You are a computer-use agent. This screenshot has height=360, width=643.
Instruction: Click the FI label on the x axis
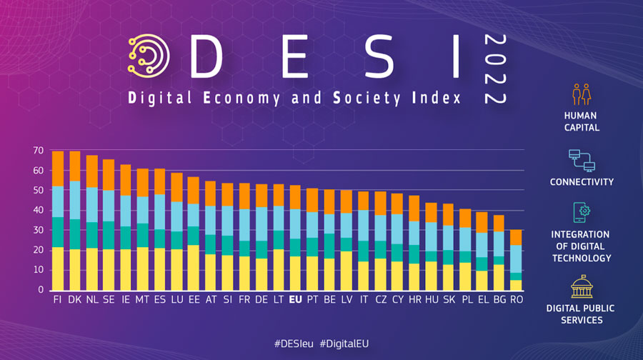(58, 300)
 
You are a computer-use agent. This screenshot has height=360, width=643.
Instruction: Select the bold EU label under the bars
(295, 300)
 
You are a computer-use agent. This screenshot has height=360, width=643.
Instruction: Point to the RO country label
(516, 300)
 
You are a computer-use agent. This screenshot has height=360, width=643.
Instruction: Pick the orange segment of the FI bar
(58, 169)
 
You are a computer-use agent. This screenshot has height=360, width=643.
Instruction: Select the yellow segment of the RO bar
(516, 285)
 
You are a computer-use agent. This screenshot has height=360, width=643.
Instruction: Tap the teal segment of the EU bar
(295, 248)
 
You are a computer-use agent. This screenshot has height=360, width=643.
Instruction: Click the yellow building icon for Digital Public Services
(580, 286)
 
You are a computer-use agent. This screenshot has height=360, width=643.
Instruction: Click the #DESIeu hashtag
(294, 344)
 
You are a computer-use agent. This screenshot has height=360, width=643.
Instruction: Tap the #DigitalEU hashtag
(344, 344)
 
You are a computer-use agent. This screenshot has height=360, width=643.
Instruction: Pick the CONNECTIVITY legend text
(581, 182)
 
